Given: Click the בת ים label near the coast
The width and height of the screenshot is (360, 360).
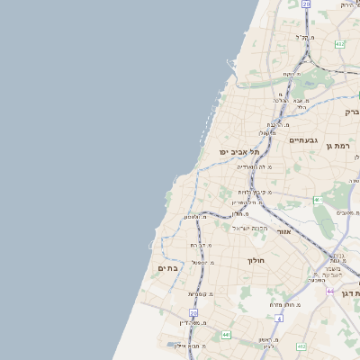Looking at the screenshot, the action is click(x=168, y=268).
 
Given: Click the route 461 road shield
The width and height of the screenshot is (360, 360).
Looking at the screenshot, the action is click(x=316, y=200).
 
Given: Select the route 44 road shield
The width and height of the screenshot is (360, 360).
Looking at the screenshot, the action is click(x=330, y=291).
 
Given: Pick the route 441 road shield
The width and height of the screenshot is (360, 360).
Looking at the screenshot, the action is click(x=225, y=335).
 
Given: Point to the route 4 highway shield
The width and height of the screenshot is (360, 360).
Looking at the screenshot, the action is click(x=279, y=318).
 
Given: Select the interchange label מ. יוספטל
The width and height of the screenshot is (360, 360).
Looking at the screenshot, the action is click(x=202, y=262).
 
